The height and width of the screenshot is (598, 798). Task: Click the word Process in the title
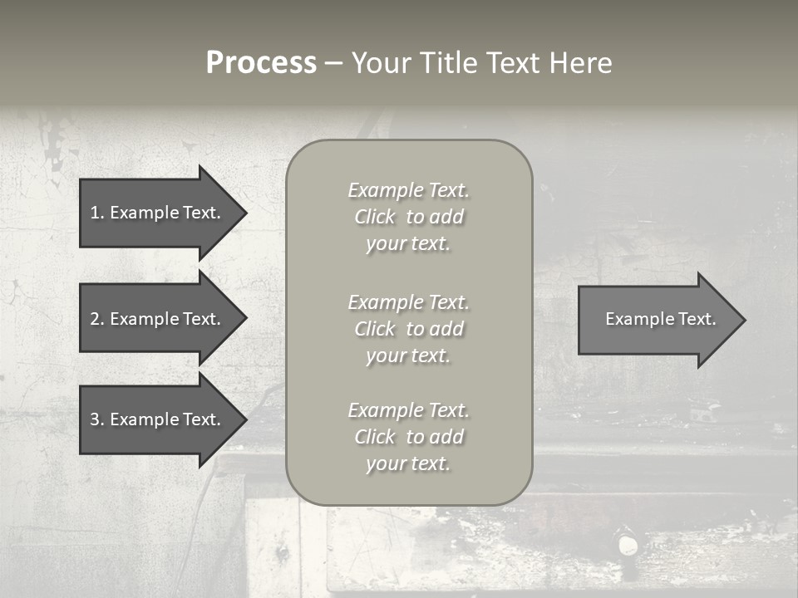coord(261,63)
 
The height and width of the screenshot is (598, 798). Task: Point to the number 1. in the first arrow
coord(97,213)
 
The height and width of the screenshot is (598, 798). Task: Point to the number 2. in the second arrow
coord(97,319)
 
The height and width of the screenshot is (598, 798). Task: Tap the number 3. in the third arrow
coord(97,419)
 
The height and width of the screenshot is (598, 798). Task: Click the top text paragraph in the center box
coord(408,217)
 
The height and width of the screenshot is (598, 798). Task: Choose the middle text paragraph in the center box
coord(408,328)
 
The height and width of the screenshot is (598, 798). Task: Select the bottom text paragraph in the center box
coord(408,437)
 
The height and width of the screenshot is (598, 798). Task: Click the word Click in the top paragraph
coord(375,217)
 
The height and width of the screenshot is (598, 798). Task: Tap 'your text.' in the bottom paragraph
coord(408,463)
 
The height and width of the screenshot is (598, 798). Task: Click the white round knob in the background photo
coord(628,546)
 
